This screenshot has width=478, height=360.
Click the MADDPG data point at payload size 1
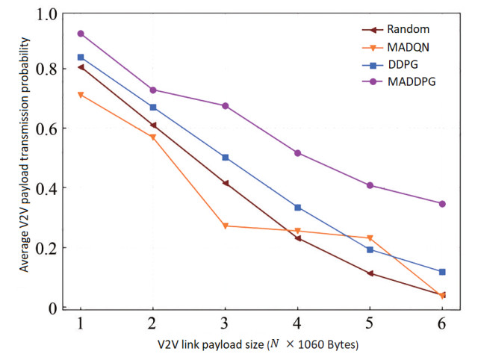(x=81, y=34)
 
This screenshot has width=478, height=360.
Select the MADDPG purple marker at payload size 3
(x=226, y=106)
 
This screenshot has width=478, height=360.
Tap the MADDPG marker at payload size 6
(x=442, y=204)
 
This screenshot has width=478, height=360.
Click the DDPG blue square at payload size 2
(x=153, y=108)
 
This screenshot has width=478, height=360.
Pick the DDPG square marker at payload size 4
(x=298, y=208)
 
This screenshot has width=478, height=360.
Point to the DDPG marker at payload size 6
(x=442, y=272)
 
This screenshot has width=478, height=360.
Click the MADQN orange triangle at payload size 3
(x=226, y=226)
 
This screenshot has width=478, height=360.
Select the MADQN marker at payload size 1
(x=81, y=95)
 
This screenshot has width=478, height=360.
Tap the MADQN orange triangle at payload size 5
(x=370, y=238)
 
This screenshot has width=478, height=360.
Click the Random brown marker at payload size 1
(x=81, y=66)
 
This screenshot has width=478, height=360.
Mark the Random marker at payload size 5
(x=370, y=273)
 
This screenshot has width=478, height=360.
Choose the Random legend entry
(x=396, y=30)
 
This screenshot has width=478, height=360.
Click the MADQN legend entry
(x=396, y=46)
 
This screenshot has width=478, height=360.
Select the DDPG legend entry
(x=396, y=63)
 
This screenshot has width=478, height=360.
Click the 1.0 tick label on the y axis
(x=47, y=14)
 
